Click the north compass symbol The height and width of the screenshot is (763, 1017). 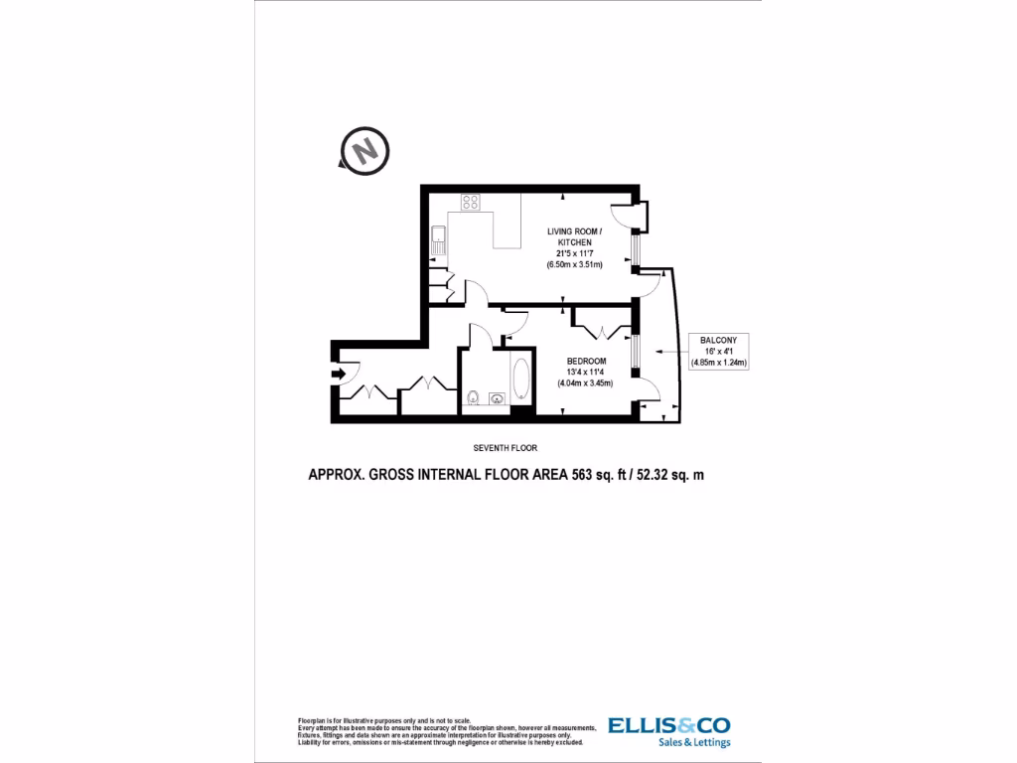point(364,151)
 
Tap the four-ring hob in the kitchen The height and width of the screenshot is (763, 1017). point(471,203)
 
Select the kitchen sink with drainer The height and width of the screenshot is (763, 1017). point(438,238)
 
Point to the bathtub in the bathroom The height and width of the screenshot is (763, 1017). point(520,381)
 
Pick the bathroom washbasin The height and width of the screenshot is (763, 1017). point(497,400)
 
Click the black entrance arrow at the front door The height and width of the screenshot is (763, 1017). point(340,375)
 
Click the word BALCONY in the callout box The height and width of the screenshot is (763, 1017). point(718,340)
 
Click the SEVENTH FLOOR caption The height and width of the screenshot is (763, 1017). point(507,449)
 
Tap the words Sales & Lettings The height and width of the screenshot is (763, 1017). point(694,742)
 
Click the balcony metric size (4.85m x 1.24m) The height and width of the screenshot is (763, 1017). point(718,362)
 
